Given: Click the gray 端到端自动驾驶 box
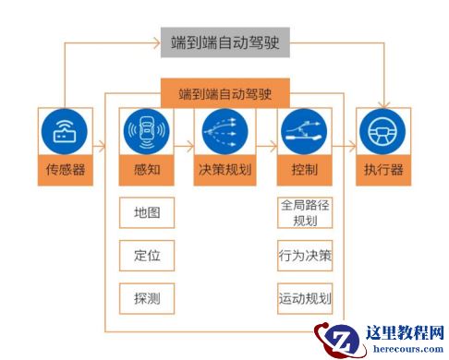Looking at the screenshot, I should click(224, 42).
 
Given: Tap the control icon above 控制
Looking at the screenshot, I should click(305, 132).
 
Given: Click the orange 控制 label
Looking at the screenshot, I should click(305, 171).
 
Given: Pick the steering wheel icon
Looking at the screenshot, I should click(384, 132).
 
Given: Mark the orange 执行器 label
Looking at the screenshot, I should click(384, 171).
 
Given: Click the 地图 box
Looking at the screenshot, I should click(147, 213).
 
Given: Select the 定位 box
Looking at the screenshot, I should click(147, 255).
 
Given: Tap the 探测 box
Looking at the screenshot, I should click(147, 297).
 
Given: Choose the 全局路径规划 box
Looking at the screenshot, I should click(305, 213).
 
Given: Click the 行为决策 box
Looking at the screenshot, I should click(305, 255).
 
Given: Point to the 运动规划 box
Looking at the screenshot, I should click(305, 297).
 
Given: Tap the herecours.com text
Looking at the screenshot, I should click(406, 350).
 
